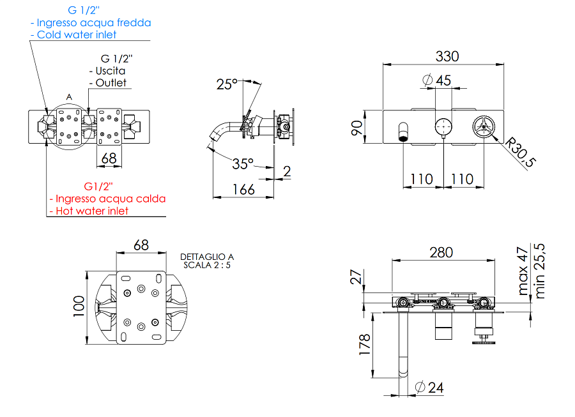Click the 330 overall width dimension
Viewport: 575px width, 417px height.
pos(447,56)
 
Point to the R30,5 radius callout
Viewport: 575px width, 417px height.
pos(519,153)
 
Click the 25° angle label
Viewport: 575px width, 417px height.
pos(226,84)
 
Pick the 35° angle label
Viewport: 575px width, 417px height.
pos(242,163)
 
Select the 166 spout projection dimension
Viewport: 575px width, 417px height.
pos(243,189)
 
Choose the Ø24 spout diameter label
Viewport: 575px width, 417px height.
pos(429,387)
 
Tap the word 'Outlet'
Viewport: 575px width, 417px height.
pos(111,82)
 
